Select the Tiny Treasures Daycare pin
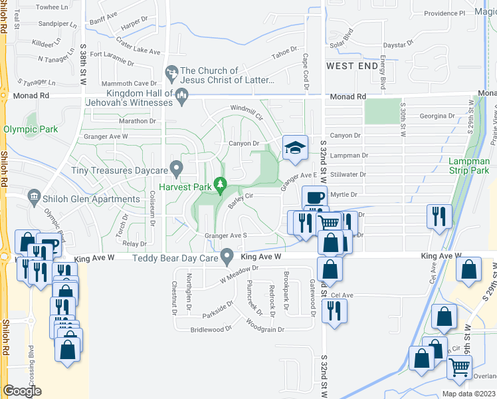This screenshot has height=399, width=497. pos(176,168)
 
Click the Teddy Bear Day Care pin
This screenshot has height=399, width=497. pos(227,256)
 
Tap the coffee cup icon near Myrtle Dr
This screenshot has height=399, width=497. pos(314,198)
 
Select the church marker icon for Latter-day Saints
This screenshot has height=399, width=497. pos(171,70)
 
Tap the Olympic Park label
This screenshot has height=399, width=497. pos(31,130)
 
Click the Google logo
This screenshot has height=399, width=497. pos(22,391)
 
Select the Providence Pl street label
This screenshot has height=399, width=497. pos(444,13)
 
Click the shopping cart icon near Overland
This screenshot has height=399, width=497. pos(459,366)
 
